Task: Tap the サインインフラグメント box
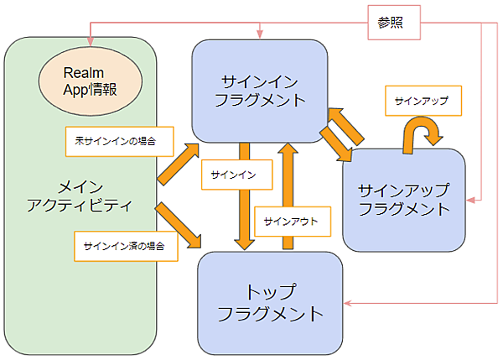tap(259, 91)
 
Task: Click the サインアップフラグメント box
tap(403, 200)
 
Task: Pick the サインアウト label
tap(290, 222)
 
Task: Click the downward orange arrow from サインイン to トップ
tap(245, 197)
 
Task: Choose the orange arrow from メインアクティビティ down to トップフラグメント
tap(180, 225)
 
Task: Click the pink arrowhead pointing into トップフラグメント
tap(348, 303)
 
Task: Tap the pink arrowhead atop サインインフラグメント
tap(261, 34)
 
